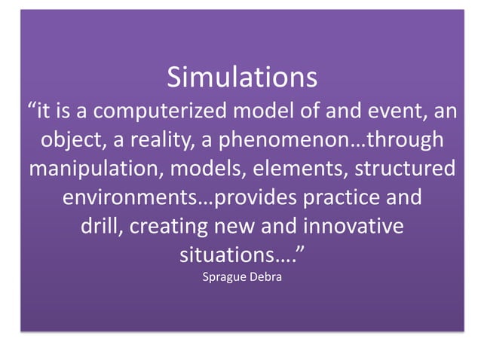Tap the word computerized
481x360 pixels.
(x=156, y=112)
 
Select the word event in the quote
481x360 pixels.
(x=391, y=112)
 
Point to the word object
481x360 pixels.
(x=72, y=141)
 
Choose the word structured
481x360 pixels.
(x=402, y=169)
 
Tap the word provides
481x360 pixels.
(x=259, y=197)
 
